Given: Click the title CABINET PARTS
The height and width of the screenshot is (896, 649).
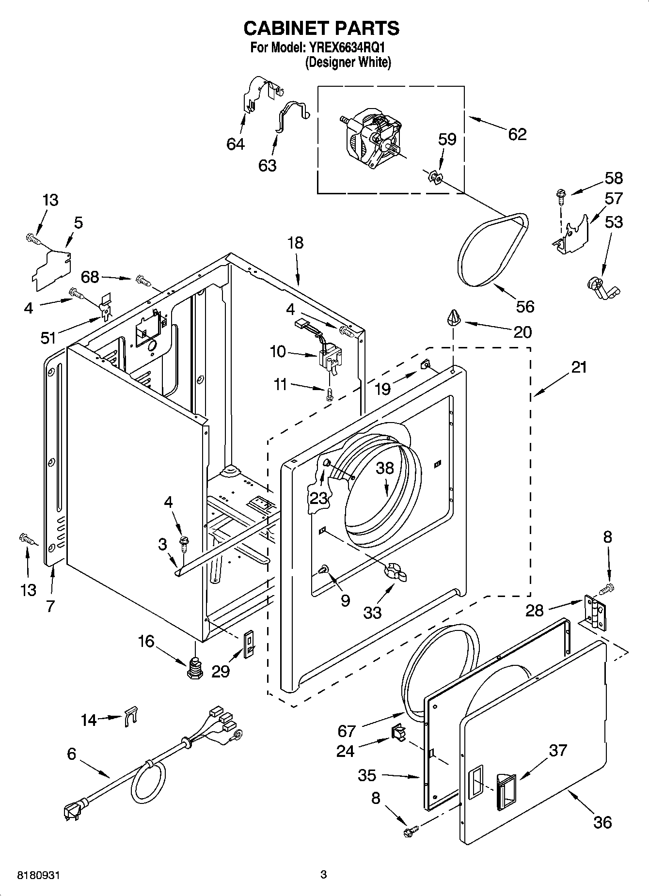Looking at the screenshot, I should pyautogui.click(x=321, y=28).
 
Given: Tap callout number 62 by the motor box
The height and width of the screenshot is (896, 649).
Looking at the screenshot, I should pyautogui.click(x=517, y=134).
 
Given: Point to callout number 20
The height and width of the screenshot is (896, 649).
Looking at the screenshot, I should pyautogui.click(x=523, y=332).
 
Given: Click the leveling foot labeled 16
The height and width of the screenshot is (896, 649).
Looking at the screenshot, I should pyautogui.click(x=194, y=668).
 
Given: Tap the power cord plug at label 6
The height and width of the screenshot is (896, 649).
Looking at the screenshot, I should pyautogui.click(x=72, y=812).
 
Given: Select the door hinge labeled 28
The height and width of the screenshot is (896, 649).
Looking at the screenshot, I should pyautogui.click(x=595, y=613).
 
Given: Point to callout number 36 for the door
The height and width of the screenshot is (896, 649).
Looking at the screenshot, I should pyautogui.click(x=602, y=822).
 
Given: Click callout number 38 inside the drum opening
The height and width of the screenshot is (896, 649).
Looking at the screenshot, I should pyautogui.click(x=385, y=468).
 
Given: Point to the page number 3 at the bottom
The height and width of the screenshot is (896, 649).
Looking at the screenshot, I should pyautogui.click(x=324, y=875).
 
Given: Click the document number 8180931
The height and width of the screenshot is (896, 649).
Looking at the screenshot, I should pyautogui.click(x=39, y=875).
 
